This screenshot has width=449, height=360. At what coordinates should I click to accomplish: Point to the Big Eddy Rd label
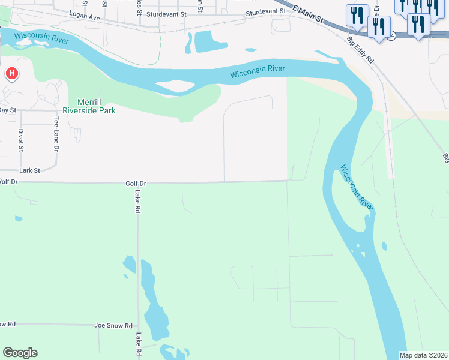[x=361, y=51]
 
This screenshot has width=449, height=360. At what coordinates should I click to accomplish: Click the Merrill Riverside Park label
[x=88, y=106]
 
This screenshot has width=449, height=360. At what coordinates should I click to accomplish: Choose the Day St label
[x=7, y=110]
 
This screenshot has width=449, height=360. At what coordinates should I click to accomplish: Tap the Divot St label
[x=20, y=139]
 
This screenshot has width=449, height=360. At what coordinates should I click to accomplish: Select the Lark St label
[x=29, y=170]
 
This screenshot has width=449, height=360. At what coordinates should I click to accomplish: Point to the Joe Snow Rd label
[x=113, y=325]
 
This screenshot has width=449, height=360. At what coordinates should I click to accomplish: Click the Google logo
[x=20, y=352]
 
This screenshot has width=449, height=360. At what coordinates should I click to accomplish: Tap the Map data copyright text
[x=423, y=355]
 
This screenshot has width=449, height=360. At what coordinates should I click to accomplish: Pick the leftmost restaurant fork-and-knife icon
[x=357, y=16]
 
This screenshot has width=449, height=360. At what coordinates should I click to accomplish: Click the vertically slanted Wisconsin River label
[x=357, y=187]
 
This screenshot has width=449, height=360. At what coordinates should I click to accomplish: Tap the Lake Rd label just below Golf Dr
[x=137, y=202]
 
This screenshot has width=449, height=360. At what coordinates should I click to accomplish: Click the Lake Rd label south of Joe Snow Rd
[x=137, y=345]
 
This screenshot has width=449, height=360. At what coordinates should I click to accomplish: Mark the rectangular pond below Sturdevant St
[x=211, y=41]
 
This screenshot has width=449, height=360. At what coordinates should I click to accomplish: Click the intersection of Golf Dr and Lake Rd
[x=138, y=183]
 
